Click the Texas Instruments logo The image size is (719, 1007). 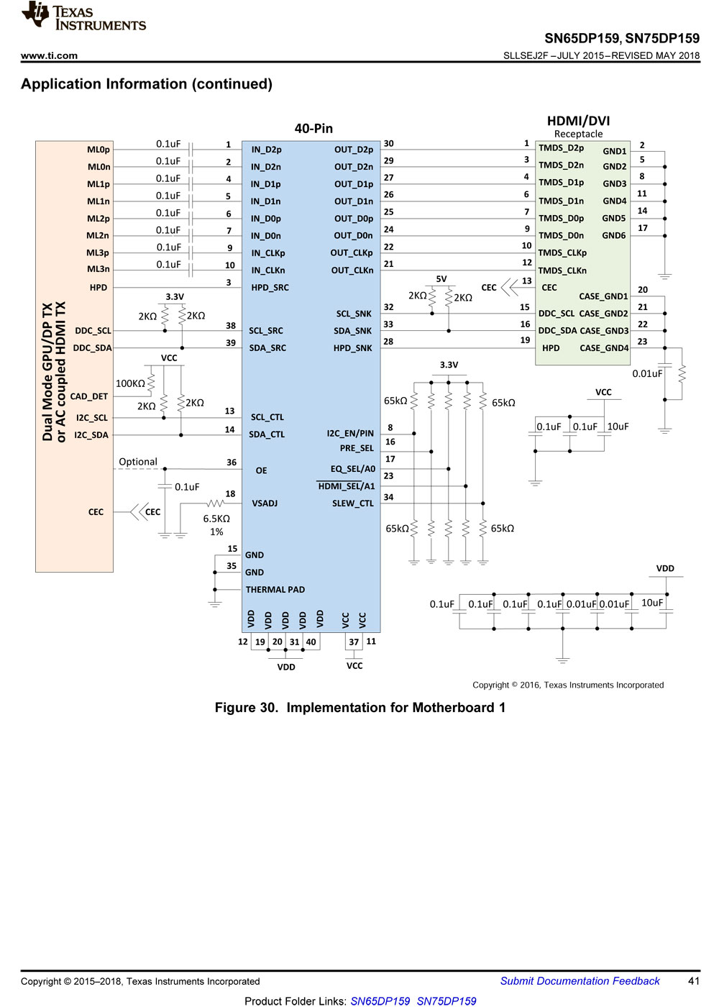(x=83, y=16)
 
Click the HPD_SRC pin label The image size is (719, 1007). (x=270, y=288)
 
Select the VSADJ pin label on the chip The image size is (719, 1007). (x=265, y=503)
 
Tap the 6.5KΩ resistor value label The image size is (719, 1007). (x=216, y=519)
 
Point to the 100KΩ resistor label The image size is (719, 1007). (x=130, y=383)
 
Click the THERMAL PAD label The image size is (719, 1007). (x=275, y=589)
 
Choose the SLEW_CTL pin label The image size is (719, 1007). (x=353, y=503)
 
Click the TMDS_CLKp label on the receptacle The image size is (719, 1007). (x=562, y=253)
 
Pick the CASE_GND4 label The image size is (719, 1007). (x=604, y=348)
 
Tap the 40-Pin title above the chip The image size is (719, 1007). (x=313, y=129)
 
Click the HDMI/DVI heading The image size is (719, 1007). (x=578, y=121)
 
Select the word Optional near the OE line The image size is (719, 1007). (x=138, y=462)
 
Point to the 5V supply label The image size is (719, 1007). (x=441, y=279)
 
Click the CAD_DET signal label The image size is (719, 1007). (x=89, y=396)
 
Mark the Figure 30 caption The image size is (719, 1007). (x=360, y=708)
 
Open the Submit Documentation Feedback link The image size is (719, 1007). (x=580, y=981)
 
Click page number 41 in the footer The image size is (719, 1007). (x=694, y=981)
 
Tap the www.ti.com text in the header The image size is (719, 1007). (x=49, y=56)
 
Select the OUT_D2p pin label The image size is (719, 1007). (x=354, y=150)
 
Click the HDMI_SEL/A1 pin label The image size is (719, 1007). (x=346, y=486)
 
